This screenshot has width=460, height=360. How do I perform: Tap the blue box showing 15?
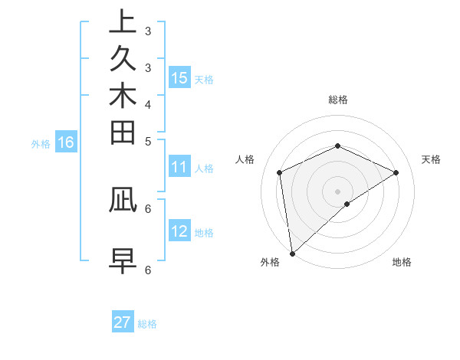[179, 78]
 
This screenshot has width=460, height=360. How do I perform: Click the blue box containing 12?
[179, 231]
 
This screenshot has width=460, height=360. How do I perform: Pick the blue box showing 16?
[66, 142]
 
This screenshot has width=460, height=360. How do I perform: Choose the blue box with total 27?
[123, 322]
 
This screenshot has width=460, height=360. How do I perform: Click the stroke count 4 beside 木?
[148, 103]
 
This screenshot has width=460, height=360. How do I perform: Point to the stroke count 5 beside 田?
[148, 141]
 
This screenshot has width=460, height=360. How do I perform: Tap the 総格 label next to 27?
[147, 324]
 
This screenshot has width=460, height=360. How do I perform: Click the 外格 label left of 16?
[41, 143]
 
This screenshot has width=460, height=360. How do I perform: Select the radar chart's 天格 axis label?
[431, 159]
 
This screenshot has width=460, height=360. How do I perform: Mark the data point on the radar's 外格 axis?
[292, 253]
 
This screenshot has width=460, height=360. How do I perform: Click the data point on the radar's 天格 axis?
[396, 172]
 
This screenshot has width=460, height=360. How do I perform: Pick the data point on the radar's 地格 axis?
[347, 204]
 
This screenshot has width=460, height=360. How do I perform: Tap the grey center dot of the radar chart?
[337, 191]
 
